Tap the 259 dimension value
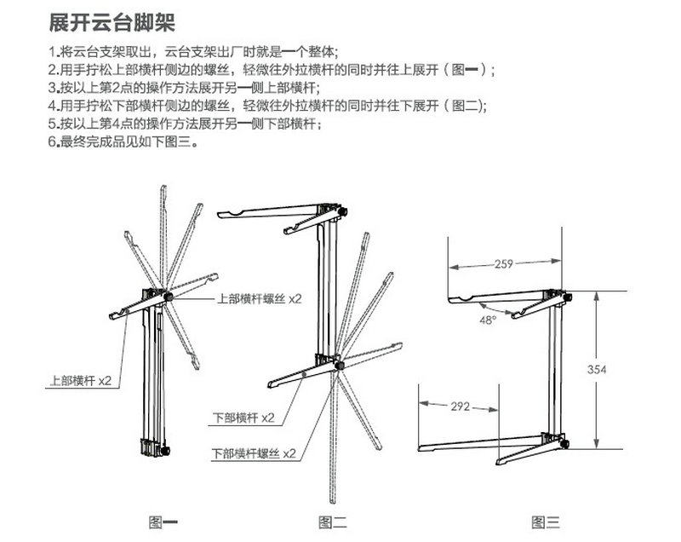503,265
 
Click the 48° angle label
486,320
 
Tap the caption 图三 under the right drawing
546,522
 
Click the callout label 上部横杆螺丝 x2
260,298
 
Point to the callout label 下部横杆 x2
243,418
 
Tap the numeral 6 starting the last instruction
53,141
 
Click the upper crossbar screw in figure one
169,296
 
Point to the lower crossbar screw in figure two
339,366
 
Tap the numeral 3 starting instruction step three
53,89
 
